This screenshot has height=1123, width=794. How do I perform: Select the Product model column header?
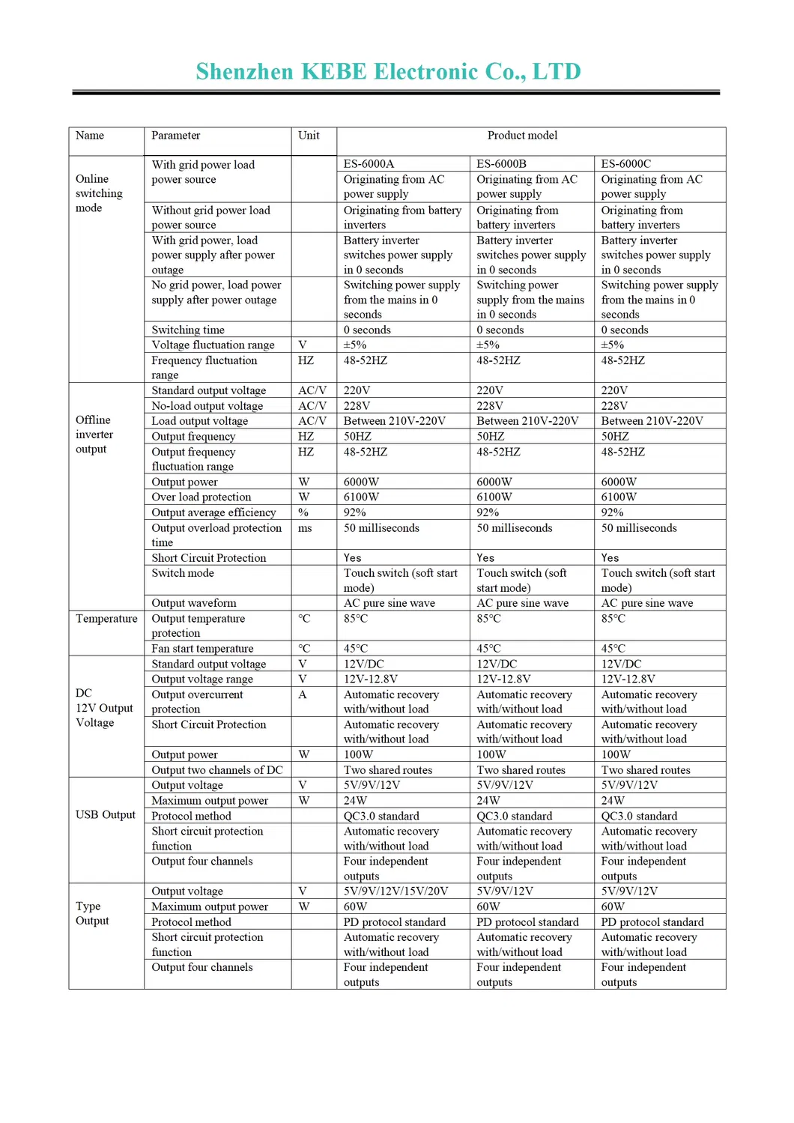pyautogui.click(x=522, y=136)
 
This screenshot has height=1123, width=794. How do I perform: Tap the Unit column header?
pyautogui.click(x=309, y=136)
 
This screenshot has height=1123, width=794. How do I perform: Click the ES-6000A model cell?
pyautogui.click(x=369, y=164)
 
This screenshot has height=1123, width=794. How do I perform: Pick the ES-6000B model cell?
pyautogui.click(x=501, y=164)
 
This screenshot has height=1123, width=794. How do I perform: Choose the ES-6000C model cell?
pyautogui.click(x=625, y=164)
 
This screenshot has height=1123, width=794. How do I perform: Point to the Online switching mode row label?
pyautogui.click(x=99, y=193)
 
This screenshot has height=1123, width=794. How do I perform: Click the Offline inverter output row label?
pyautogui.click(x=94, y=435)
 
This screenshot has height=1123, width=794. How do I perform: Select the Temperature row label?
pyautogui.click(x=106, y=619)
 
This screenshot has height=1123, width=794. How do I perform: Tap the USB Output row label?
pyautogui.click(x=106, y=815)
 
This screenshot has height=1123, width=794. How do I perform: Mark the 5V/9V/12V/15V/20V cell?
pyautogui.click(x=396, y=892)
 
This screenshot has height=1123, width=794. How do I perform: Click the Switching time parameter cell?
pyautogui.click(x=188, y=330)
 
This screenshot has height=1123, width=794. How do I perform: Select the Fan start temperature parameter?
pyautogui.click(x=202, y=649)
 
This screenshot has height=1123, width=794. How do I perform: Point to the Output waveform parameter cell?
pyautogui.click(x=194, y=603)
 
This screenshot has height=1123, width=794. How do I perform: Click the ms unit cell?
pyautogui.click(x=305, y=528)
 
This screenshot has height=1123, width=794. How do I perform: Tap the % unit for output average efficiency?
pyautogui.click(x=303, y=512)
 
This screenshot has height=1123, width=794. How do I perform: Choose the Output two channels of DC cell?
pyautogui.click(x=217, y=770)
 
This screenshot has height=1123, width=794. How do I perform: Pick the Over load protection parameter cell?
pyautogui.click(x=201, y=497)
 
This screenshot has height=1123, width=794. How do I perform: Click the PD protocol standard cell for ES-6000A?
pyautogui.click(x=394, y=922)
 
